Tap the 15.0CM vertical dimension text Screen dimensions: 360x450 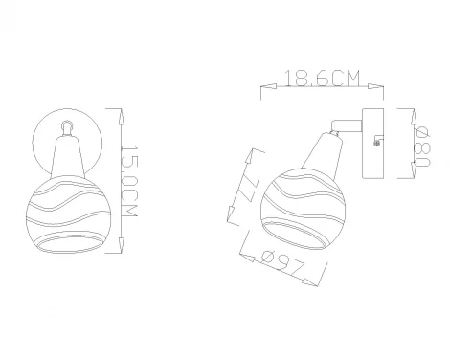(x=131, y=181)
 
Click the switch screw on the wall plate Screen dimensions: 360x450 (x=377, y=144)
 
